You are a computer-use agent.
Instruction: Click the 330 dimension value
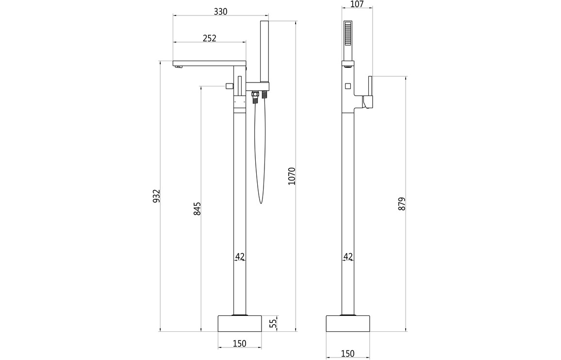[x=220, y=12]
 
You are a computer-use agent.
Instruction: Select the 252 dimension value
[x=209, y=38]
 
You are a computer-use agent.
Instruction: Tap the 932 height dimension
[x=156, y=196]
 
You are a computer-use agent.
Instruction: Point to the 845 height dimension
[x=197, y=209]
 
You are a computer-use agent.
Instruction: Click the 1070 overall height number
[x=292, y=176]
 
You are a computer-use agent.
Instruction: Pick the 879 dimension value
[x=402, y=204]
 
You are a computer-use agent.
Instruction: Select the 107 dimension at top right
[x=357, y=4]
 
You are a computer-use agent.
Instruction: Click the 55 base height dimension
[x=273, y=324]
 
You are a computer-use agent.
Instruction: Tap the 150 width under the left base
[x=239, y=344]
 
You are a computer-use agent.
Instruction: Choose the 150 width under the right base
[x=347, y=354]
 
